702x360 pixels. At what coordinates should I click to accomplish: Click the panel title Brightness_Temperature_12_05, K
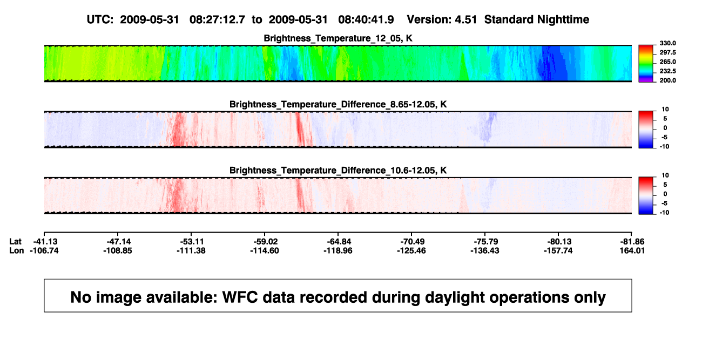338,38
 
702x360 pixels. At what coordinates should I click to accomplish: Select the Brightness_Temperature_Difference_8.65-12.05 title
338,104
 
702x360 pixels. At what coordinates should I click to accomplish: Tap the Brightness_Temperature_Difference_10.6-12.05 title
338,171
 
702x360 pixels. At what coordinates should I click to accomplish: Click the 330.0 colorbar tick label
667,43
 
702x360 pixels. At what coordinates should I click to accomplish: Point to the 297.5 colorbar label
667,53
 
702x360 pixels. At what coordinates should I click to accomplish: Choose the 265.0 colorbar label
667,62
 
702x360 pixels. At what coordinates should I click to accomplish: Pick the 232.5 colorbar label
667,71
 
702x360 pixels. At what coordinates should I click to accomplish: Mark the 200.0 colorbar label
667,80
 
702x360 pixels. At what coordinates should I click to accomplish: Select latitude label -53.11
192,242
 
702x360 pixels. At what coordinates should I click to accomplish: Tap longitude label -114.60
265,251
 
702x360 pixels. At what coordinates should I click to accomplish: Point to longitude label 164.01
632,251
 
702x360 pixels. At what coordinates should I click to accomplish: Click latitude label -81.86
632,242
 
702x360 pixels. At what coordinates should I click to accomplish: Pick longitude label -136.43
485,251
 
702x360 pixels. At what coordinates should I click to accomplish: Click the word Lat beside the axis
15,242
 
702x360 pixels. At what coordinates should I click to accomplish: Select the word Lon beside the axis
16,251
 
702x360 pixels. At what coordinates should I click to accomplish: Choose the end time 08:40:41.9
366,20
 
